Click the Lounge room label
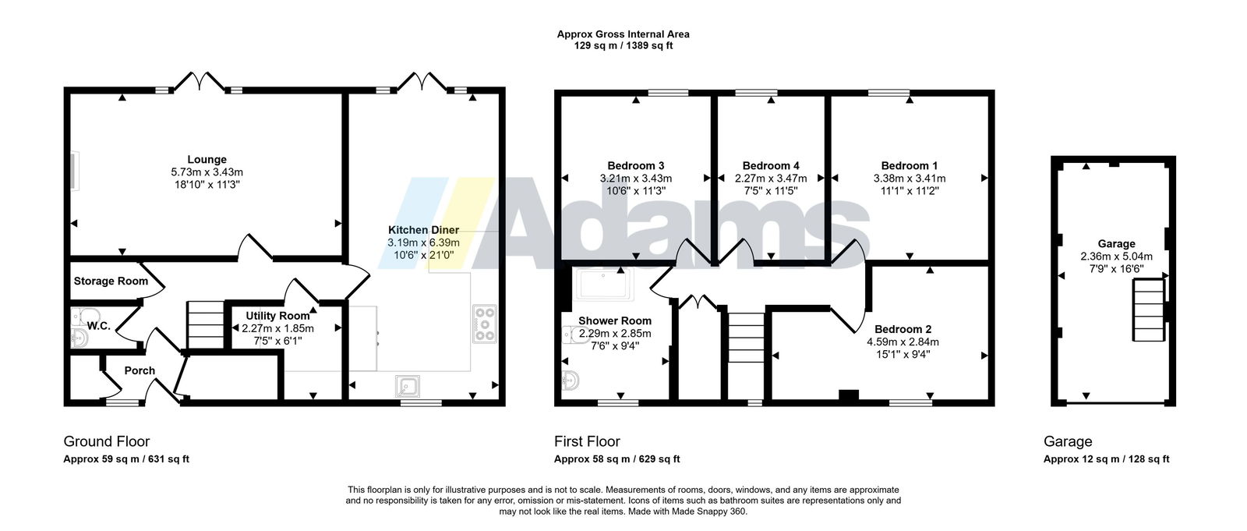(x=207, y=159)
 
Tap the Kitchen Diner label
(x=423, y=229)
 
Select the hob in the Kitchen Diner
(x=484, y=324)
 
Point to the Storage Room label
(x=111, y=281)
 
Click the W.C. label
(x=98, y=326)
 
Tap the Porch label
(x=140, y=370)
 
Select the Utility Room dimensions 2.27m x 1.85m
(x=277, y=328)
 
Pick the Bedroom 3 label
(x=635, y=165)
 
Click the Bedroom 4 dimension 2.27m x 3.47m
(x=771, y=179)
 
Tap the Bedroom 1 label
(x=909, y=165)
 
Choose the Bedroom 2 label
(x=903, y=329)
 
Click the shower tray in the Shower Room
(x=603, y=285)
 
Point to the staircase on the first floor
(x=746, y=338)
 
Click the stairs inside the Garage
(x=1149, y=310)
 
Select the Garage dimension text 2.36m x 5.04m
(x=1116, y=257)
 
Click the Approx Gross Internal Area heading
(x=623, y=34)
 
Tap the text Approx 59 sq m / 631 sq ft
(x=126, y=459)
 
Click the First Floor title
(x=587, y=441)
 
